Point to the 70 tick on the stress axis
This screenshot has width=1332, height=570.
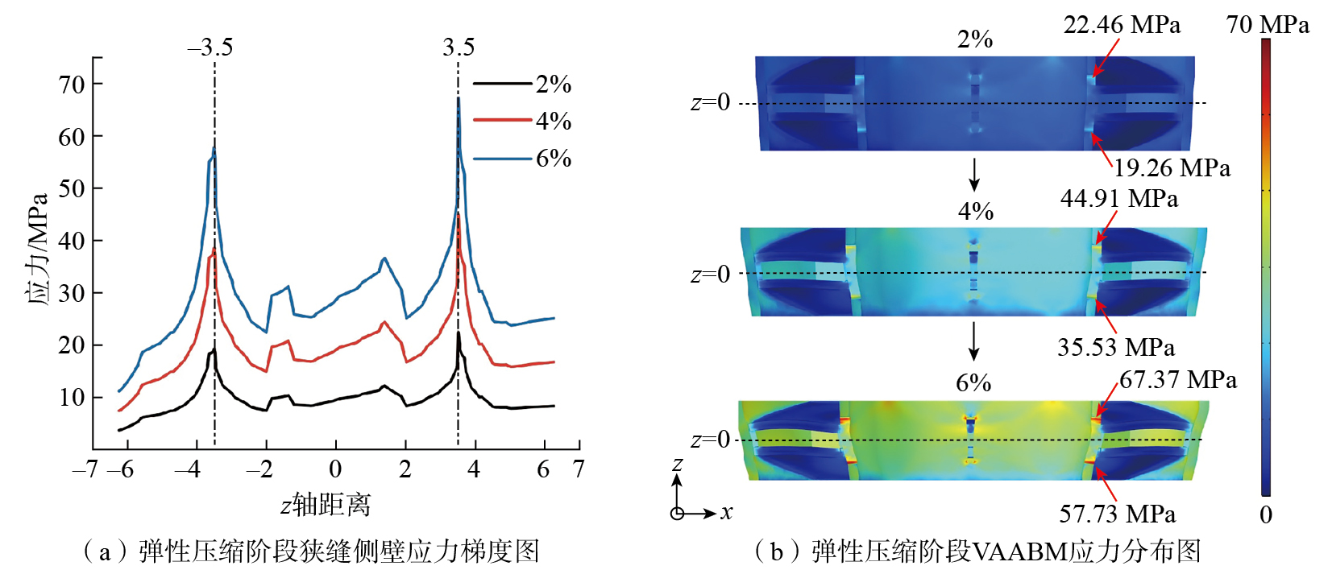point(72,84)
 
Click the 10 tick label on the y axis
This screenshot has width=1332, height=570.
point(72,397)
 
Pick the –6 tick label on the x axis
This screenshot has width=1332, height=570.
point(122,469)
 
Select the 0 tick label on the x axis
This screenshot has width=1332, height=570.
point(335,469)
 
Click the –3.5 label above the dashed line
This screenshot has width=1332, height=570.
point(210,47)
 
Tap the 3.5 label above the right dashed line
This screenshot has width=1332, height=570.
point(459,47)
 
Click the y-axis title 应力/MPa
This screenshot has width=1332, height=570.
point(38,249)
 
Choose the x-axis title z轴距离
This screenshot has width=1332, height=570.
point(326,505)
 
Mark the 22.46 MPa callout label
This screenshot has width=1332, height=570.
point(1122,25)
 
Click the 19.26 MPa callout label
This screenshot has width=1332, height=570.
point(1172,167)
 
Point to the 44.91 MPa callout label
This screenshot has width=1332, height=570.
point(1118,199)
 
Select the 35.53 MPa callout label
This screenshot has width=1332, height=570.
point(1116,347)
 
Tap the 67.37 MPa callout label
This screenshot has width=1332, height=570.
point(1178,379)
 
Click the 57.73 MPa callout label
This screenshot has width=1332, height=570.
point(1117,514)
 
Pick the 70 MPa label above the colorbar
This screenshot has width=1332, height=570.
point(1268,25)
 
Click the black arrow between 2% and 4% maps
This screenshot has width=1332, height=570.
point(974,174)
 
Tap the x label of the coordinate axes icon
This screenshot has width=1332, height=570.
point(727,512)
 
